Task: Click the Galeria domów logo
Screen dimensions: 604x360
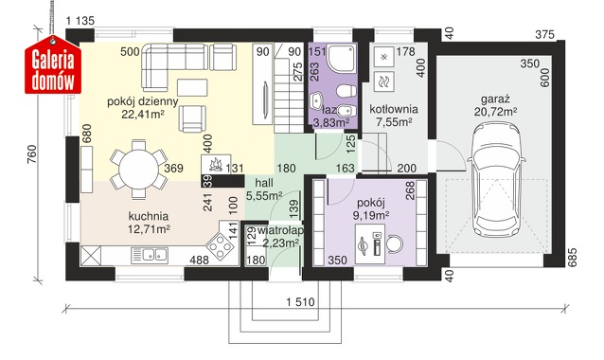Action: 53,64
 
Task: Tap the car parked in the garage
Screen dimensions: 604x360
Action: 495,182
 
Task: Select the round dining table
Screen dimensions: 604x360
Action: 138,170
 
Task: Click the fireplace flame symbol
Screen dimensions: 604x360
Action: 215,165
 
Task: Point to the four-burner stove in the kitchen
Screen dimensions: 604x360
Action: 221,246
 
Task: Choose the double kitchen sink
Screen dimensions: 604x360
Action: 150,255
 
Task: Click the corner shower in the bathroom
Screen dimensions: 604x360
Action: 342,58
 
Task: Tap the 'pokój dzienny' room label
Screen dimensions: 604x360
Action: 143,101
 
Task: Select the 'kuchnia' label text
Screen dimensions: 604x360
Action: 149,216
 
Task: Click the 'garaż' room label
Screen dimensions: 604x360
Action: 495,99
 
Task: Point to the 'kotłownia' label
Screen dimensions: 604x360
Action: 394,109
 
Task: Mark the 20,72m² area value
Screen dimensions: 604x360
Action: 495,112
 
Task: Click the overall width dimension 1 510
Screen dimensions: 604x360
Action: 300,302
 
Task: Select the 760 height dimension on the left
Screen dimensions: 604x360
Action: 32,153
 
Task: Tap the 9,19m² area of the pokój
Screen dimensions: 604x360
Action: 371,215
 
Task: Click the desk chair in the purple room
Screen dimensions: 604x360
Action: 395,243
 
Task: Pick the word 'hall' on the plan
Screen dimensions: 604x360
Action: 264,183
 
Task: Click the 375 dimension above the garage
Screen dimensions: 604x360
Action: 545,35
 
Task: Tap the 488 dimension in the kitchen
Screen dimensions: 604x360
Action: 199,261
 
